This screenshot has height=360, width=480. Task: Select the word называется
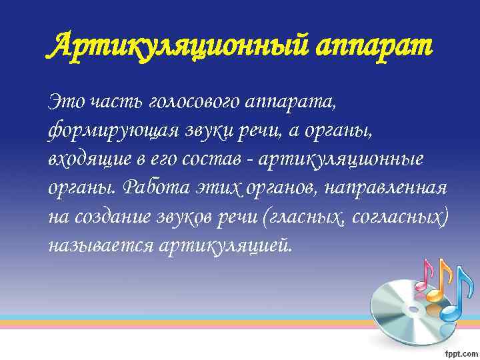tap(100, 246)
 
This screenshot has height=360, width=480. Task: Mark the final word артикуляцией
tap(227, 246)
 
